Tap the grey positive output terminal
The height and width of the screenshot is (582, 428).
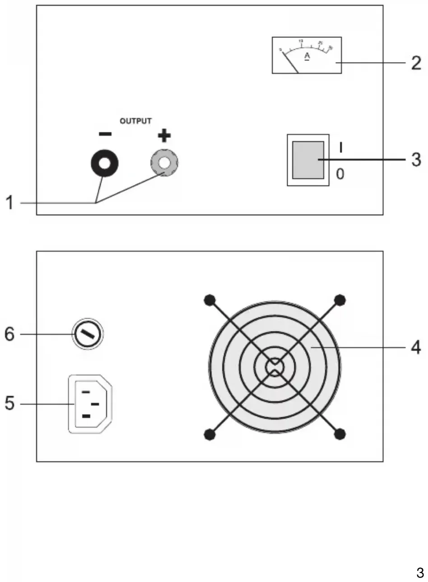pos(164,162)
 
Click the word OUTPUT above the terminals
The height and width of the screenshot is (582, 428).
pos(135,121)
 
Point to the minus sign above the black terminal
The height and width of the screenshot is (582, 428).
pos(105,134)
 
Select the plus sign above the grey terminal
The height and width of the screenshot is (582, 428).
pos(164,135)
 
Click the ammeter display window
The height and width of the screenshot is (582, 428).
pos(307,55)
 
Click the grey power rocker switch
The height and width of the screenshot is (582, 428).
pos(308,160)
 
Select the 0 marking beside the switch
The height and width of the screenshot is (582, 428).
pos(340,174)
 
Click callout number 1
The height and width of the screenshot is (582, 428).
pos(9,203)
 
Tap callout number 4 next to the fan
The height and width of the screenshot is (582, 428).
pos(415,347)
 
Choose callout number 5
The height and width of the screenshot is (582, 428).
pos(9,403)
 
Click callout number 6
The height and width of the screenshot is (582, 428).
pos(9,334)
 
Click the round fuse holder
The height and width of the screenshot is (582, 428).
pos(88,334)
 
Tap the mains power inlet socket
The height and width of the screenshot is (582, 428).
pos(90,404)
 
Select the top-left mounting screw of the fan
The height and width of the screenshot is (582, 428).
pos(209,300)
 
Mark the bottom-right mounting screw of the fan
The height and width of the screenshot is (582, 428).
pos(340,434)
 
